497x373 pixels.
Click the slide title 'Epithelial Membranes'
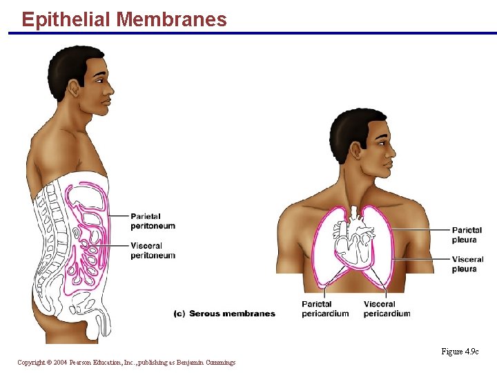click(x=124, y=19)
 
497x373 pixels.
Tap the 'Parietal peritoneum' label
click(x=153, y=221)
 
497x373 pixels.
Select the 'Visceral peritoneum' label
click(x=153, y=250)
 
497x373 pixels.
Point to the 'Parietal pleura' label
click(x=467, y=235)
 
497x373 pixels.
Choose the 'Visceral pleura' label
click(x=467, y=264)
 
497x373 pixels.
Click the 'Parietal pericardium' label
click(x=325, y=309)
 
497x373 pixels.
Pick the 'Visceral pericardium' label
click(x=387, y=309)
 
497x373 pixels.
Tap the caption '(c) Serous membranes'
click(x=224, y=314)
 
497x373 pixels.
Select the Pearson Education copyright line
click(x=126, y=363)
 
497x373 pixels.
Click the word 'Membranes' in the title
click(x=171, y=19)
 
